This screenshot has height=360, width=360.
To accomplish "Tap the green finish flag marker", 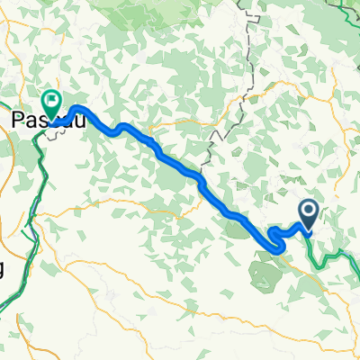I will tap(51, 103).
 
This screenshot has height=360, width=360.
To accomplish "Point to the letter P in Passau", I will tap(17, 119).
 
